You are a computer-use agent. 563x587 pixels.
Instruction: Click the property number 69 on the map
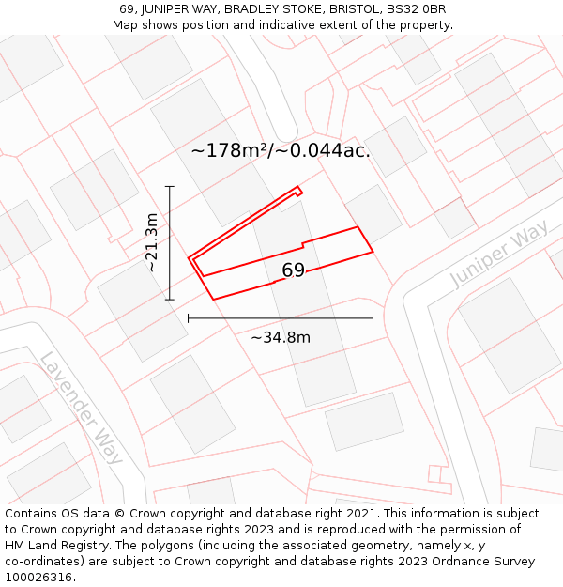[x=293, y=270]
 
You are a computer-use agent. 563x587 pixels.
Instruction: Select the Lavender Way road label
[x=81, y=408]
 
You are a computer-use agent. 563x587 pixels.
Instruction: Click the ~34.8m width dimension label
[x=280, y=337]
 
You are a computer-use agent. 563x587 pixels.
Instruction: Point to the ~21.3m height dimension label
[x=152, y=242]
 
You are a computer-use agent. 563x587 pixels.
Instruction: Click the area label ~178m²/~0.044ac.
[x=281, y=150]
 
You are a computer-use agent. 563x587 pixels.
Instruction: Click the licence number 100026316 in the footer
[x=38, y=578]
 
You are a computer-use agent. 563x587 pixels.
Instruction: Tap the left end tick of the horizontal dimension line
[x=189, y=318]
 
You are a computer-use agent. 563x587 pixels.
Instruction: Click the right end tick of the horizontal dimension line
[x=373, y=318]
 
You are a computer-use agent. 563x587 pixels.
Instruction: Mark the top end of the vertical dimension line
[x=170, y=187]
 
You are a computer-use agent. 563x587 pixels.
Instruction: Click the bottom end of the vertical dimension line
[x=170, y=300]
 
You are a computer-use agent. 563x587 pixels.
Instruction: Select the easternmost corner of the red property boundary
[x=373, y=251]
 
